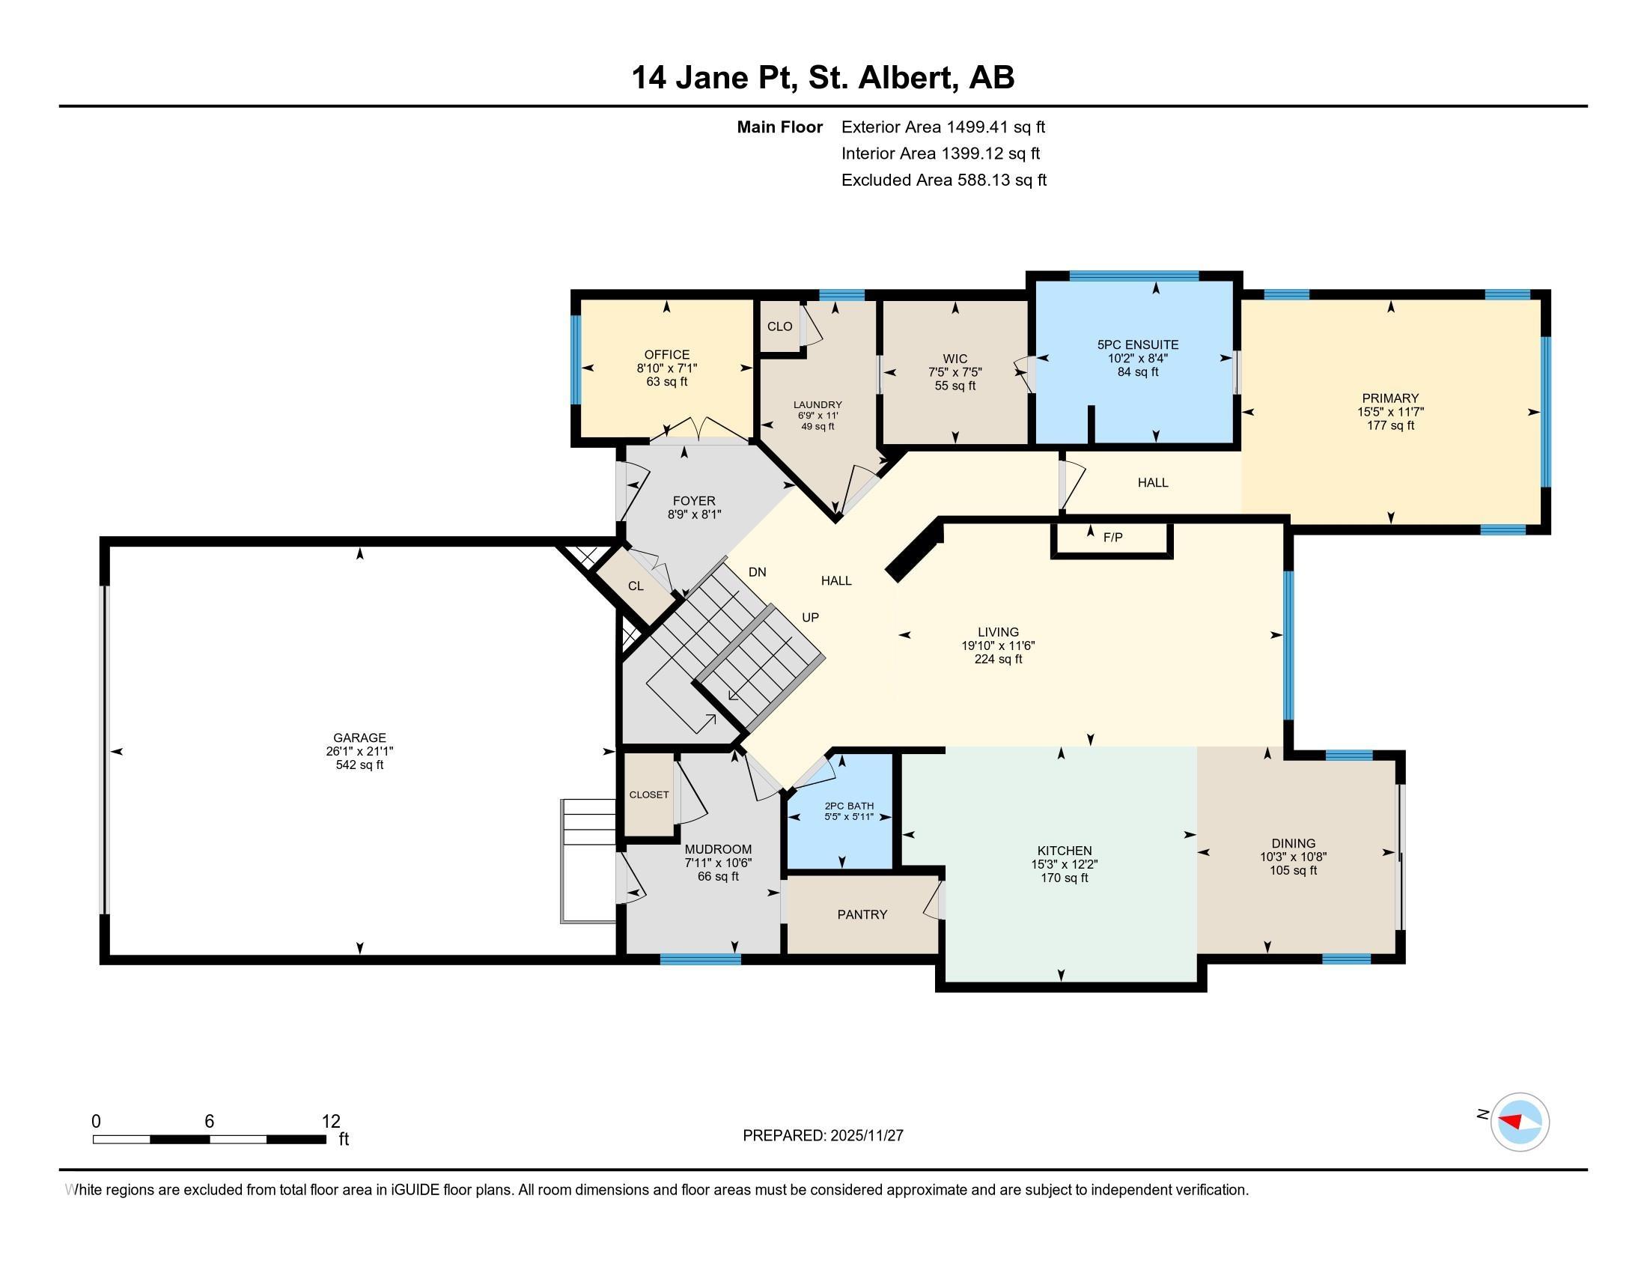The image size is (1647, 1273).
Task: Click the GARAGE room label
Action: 359,738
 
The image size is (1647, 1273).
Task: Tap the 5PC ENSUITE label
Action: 1137,344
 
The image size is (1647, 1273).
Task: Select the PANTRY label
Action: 862,914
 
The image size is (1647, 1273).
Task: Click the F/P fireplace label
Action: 1112,537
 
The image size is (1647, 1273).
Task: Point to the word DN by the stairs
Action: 757,572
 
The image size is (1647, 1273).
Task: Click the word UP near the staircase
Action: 810,617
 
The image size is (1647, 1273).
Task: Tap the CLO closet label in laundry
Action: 779,326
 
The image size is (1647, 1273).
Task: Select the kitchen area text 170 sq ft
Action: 1064,878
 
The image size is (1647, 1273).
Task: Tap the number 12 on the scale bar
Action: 330,1122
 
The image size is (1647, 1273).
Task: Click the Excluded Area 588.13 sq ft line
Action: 943,180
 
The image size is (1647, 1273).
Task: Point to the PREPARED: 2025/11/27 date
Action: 823,1136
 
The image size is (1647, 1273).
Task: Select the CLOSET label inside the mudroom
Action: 648,795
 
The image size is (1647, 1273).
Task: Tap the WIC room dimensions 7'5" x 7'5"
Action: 955,373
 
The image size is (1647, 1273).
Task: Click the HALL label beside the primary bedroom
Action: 1152,483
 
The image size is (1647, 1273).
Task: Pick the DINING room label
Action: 1293,843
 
